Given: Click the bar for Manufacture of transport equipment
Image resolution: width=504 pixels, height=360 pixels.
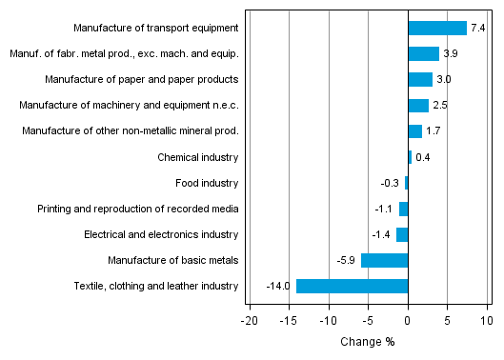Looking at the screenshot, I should tap(437, 29).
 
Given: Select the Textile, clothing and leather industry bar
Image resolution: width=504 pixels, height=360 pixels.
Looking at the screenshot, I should tap(352, 286).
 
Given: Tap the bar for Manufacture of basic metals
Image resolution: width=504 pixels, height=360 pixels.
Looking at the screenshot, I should tap(384, 260).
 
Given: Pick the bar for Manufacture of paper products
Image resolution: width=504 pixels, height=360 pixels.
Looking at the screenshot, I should tap(420, 80).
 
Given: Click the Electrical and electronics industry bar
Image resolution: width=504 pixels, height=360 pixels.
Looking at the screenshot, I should tap(402, 234).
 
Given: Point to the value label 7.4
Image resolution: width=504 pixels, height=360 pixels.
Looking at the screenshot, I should tap(477, 29).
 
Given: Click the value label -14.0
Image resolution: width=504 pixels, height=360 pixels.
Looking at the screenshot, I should tap(279, 286).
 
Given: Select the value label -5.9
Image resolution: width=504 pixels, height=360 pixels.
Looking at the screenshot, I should tap(346, 260).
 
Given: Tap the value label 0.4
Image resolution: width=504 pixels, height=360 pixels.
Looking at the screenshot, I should tap(423, 157).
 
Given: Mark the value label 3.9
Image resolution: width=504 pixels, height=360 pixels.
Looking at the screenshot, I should tap(450, 54).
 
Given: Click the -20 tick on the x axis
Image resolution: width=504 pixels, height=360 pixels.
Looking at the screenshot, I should tap(250, 322).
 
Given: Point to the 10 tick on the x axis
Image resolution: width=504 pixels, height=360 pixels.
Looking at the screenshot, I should tap(486, 322).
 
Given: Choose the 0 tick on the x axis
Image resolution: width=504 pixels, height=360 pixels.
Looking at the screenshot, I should tap(408, 322).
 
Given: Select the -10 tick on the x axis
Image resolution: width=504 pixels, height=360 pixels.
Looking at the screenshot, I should tap(329, 322).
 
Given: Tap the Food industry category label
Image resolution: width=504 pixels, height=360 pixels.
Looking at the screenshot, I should tap(207, 183).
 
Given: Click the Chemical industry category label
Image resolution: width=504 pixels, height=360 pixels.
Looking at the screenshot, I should tap(198, 157).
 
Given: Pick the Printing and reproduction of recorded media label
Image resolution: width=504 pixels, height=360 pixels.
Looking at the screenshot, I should tap(138, 209).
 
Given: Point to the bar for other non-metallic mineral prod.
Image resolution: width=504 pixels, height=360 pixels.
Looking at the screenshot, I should tap(414, 131).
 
